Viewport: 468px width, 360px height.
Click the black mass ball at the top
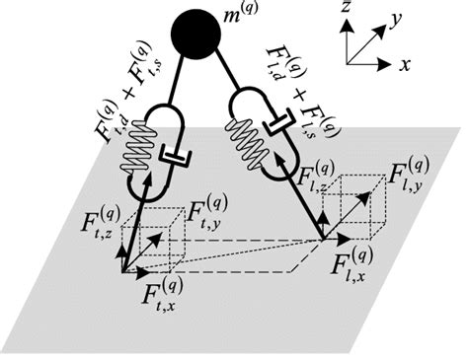(x=194, y=36)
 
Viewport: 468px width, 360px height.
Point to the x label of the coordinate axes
(x=406, y=63)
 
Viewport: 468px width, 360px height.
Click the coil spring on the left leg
(x=140, y=157)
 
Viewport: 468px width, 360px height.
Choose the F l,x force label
(x=353, y=263)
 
